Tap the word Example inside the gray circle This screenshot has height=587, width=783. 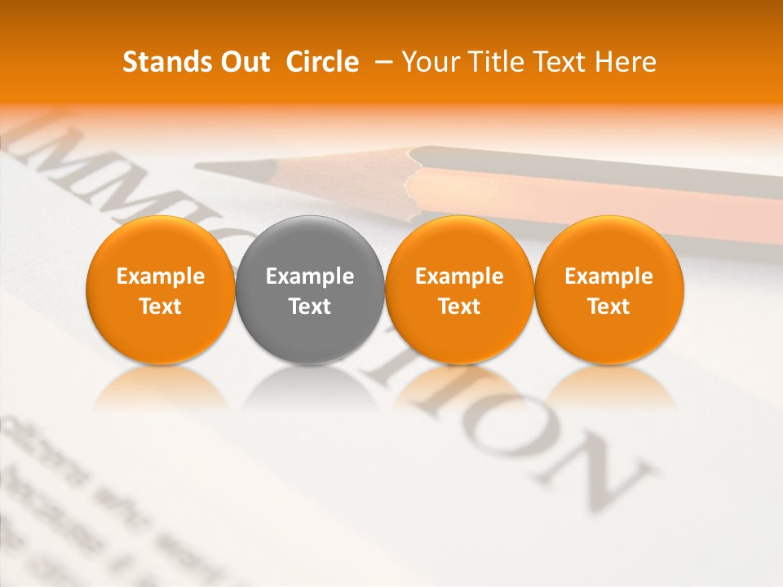point(310,276)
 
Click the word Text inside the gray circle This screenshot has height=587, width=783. point(310,307)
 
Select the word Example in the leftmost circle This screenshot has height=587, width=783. point(161,276)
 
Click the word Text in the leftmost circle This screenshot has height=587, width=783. point(161,307)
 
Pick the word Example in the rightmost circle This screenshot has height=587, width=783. point(609,276)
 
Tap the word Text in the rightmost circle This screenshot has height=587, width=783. point(609,307)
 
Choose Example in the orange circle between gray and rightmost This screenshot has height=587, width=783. point(459,276)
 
